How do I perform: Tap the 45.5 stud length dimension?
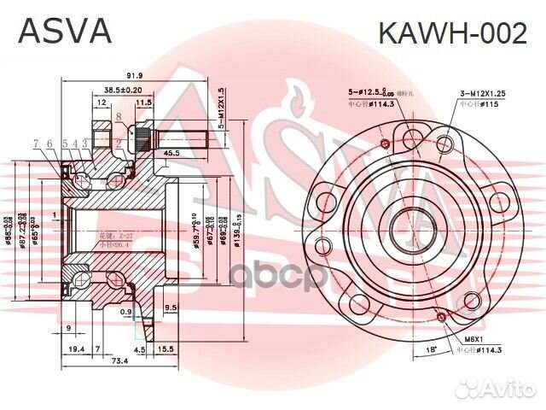170,153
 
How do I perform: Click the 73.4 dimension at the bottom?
119,362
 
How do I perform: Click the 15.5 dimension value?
166,349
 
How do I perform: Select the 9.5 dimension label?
171,307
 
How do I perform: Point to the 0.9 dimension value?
126,313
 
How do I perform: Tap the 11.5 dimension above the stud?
144,102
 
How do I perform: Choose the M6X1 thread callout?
471,341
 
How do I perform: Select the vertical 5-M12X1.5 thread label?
221,107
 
